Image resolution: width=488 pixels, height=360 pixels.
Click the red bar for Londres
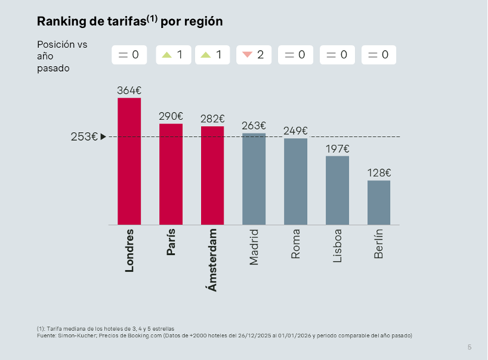pyautogui.click(x=129, y=161)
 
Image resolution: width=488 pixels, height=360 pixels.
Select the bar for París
pyautogui.click(x=171, y=174)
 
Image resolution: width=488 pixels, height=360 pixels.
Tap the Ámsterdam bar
pyautogui.click(x=212, y=175)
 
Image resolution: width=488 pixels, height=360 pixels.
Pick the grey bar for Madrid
pyautogui.click(x=254, y=179)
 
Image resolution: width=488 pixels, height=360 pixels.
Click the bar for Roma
pyautogui.click(x=295, y=181)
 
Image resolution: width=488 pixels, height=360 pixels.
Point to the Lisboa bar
pyautogui.click(x=337, y=190)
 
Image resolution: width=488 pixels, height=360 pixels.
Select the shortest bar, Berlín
pyautogui.click(x=379, y=203)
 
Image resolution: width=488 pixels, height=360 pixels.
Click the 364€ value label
pyautogui.click(x=129, y=91)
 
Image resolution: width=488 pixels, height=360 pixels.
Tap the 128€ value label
pyautogui.click(x=379, y=173)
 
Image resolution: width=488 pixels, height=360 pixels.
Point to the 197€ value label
pyautogui.click(x=337, y=148)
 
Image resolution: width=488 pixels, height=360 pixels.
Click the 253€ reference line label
pyautogui.click(x=84, y=136)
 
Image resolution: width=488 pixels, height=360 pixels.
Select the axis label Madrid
pyautogui.click(x=254, y=247)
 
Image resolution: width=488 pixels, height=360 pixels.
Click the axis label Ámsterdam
pyautogui.click(x=212, y=260)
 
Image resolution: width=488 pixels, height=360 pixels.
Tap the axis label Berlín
pyautogui.click(x=379, y=244)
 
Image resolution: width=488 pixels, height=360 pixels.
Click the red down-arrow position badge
pyautogui.click(x=254, y=55)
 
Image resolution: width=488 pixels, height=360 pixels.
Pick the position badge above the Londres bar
pyautogui.click(x=129, y=55)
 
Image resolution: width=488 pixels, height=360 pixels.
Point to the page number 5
pyautogui.click(x=470, y=347)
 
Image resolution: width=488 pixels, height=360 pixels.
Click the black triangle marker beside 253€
pyautogui.click(x=103, y=136)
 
